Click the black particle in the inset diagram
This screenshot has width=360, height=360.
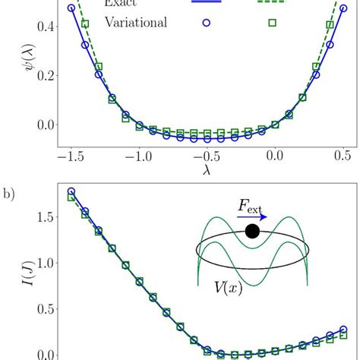pos(252,231)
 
